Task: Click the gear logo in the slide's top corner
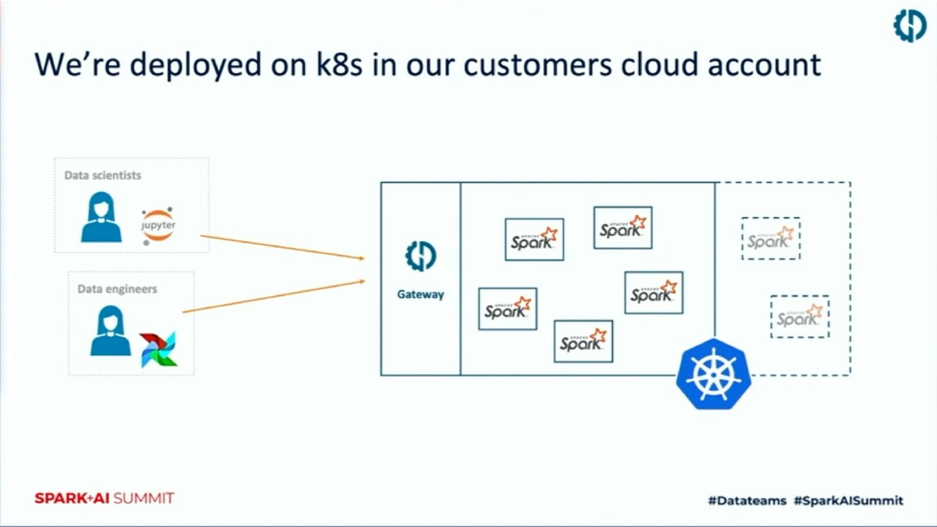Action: (909, 27)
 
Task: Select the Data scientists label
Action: (103, 175)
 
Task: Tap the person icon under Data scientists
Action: (101, 217)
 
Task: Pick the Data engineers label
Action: (117, 288)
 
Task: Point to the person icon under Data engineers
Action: (110, 331)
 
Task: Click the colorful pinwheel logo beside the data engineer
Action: (158, 349)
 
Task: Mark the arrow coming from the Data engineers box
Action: (273, 297)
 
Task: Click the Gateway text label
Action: (420, 294)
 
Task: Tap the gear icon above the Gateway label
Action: (420, 256)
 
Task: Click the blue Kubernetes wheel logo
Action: (713, 374)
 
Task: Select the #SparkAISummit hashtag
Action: (849, 500)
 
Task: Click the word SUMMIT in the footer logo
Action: (143, 498)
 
